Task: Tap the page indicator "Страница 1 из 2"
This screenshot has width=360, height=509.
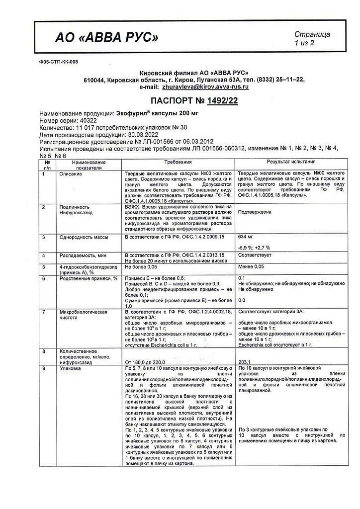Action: tap(312, 39)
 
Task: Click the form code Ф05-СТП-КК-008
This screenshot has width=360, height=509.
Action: tap(58, 62)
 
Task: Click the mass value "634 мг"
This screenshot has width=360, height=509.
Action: tap(248, 237)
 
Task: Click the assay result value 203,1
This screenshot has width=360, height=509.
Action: tap(246, 361)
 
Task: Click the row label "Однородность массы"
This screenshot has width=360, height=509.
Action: tap(81, 237)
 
